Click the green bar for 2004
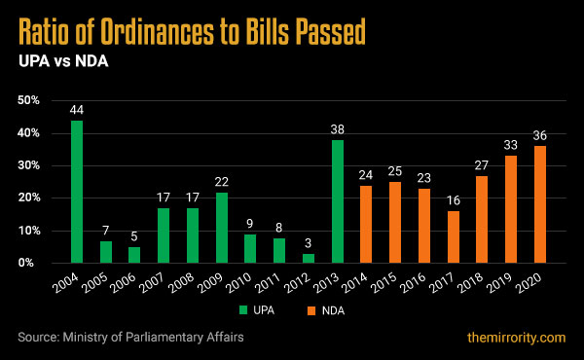pos(77,192)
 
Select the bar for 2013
pos(338,201)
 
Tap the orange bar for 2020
pos(540,204)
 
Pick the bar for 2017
pos(453,236)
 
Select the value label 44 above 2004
pos(77,110)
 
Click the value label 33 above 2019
pos(511,146)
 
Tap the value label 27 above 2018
pos(482,165)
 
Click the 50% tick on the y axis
pos(28,100)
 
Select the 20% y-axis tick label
pos(28,198)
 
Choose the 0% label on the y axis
pos(31,263)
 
